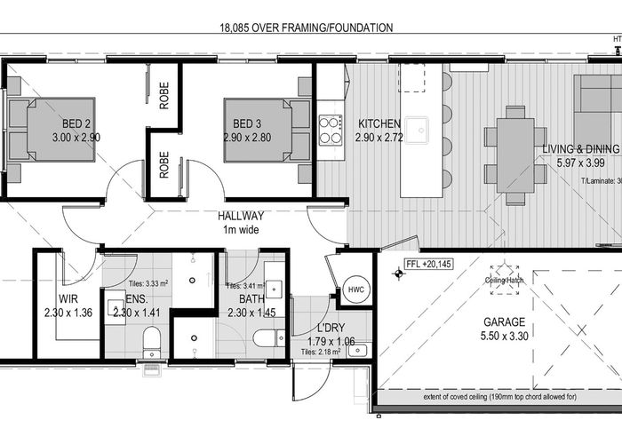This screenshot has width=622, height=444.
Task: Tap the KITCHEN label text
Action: pyautogui.click(x=379, y=123)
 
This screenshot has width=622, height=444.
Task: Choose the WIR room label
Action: pyautogui.click(x=69, y=298)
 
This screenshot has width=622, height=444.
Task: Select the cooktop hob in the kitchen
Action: pyautogui.click(x=331, y=130)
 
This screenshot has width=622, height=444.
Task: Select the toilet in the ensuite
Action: pyautogui.click(x=151, y=339)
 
